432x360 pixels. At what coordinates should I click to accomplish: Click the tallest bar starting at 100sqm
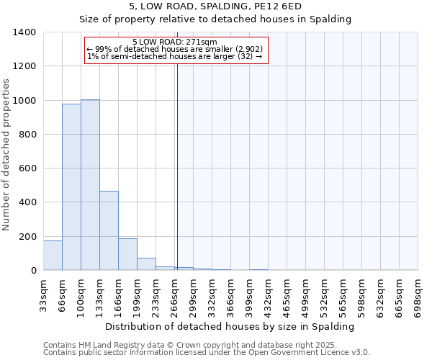click(90, 185)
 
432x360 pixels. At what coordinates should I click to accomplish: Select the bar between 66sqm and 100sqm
click(71, 187)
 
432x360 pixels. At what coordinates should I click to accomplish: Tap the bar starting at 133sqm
click(109, 230)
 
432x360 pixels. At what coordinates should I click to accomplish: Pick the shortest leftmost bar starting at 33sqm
click(53, 256)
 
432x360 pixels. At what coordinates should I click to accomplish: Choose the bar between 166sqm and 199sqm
click(127, 254)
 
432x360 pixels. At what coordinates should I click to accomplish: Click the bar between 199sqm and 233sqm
click(146, 264)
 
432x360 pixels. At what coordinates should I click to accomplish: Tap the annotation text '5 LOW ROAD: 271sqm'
click(175, 42)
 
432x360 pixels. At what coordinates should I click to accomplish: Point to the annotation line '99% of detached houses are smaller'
click(175, 49)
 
